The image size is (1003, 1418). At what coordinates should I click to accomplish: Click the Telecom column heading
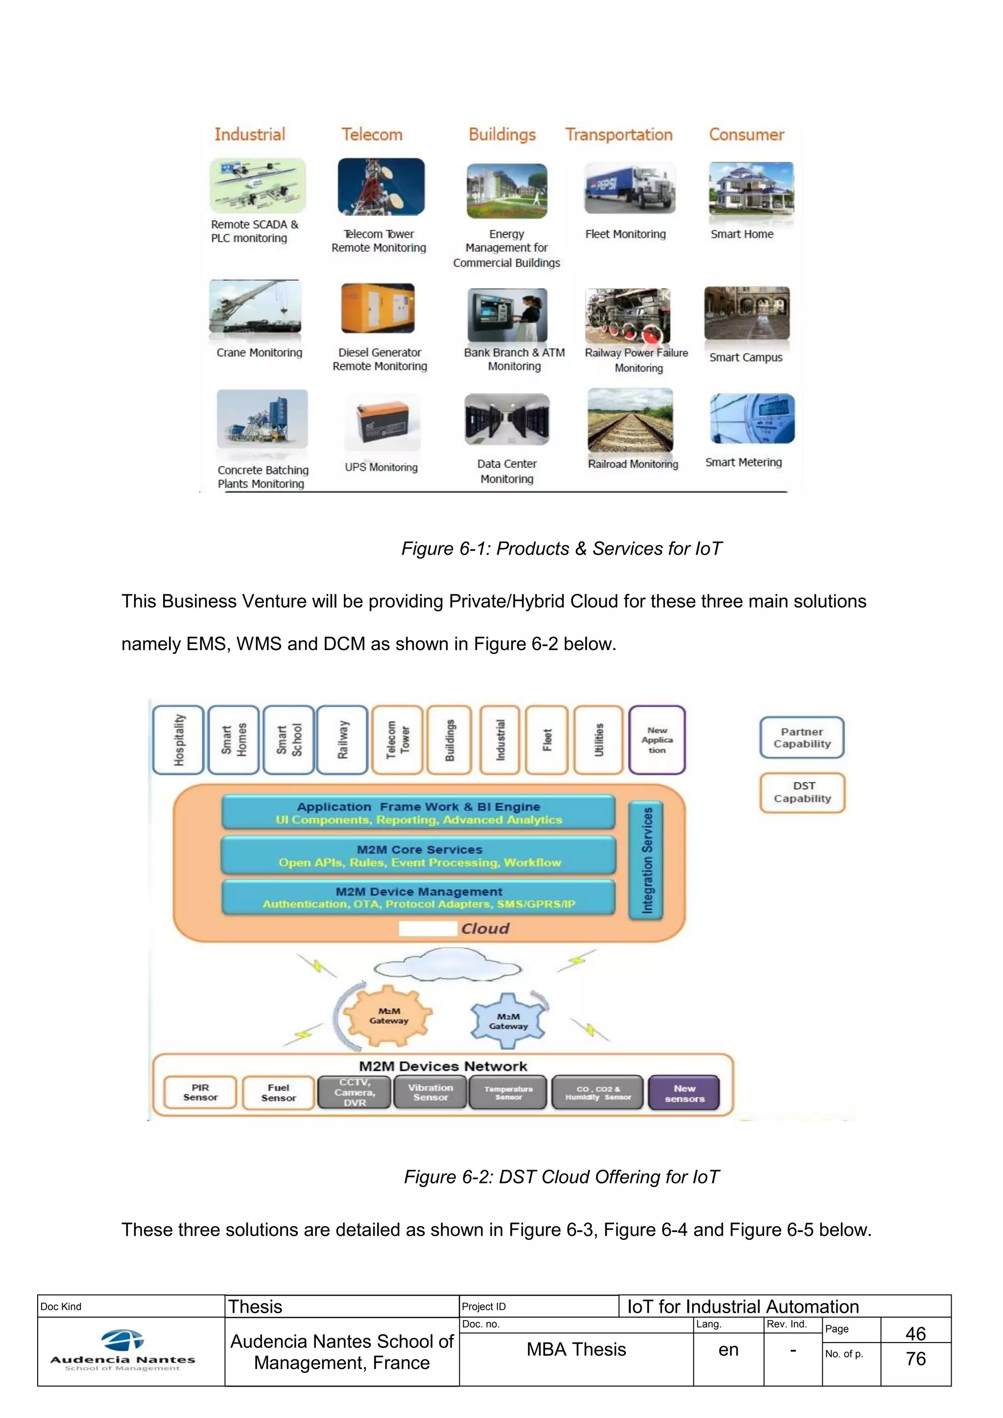(x=372, y=135)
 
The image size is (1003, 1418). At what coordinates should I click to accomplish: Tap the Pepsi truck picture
(x=629, y=189)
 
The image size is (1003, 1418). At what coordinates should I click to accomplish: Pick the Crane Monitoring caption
(x=260, y=353)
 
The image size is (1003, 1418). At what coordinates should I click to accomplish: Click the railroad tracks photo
(x=630, y=421)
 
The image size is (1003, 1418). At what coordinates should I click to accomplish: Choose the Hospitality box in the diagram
(x=178, y=740)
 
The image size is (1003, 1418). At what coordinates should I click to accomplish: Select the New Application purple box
(x=657, y=740)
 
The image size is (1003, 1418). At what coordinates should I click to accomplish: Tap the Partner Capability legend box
(x=802, y=738)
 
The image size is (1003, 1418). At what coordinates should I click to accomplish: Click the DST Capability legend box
(x=802, y=792)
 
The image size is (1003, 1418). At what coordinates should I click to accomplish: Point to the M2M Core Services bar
(x=419, y=855)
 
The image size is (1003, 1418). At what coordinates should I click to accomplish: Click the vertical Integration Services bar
(x=646, y=860)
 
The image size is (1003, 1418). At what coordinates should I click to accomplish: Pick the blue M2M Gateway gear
(x=508, y=1021)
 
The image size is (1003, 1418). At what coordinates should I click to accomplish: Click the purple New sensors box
(x=684, y=1093)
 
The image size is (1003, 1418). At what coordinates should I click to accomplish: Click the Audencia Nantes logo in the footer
(x=122, y=1352)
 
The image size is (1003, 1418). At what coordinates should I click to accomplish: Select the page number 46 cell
(x=915, y=1333)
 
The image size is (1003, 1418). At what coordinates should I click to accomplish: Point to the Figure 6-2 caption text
(x=561, y=1177)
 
